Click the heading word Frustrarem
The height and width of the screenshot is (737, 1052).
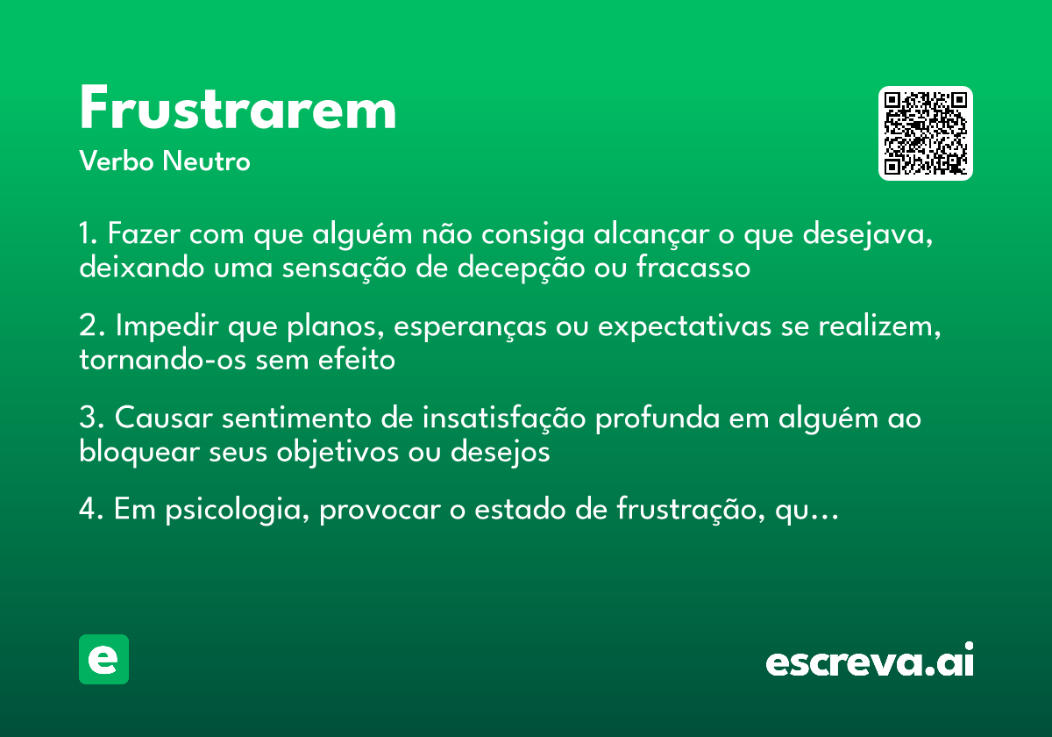click(x=238, y=110)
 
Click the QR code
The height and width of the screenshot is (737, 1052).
click(x=926, y=133)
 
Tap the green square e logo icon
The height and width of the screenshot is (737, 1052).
click(x=103, y=659)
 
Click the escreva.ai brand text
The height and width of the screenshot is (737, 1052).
click(x=870, y=661)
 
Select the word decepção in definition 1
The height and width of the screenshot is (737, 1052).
click(x=521, y=268)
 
